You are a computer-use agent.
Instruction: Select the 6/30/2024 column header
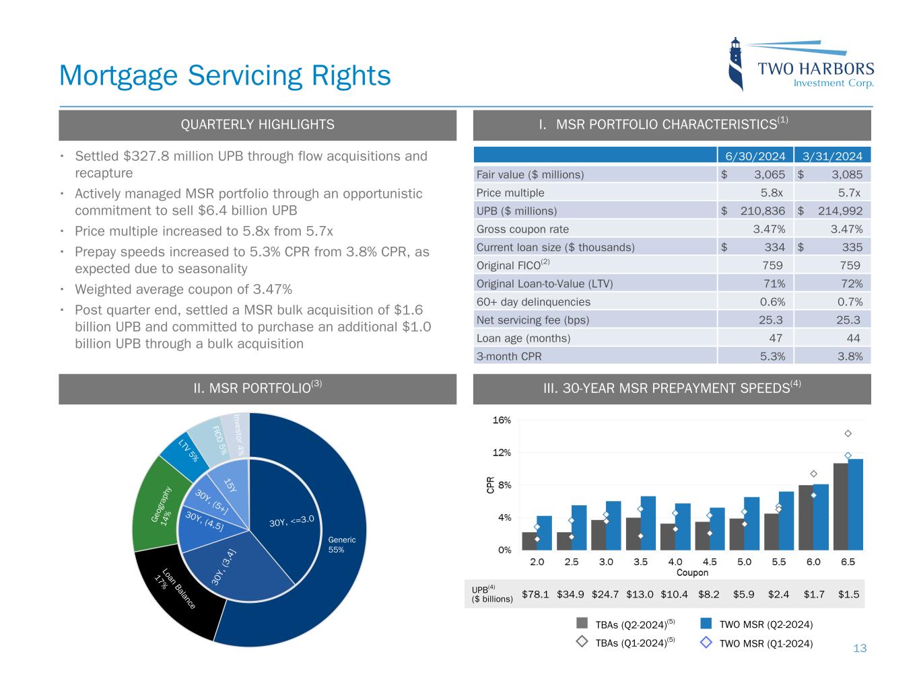755,156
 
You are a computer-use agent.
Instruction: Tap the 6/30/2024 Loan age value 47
775,338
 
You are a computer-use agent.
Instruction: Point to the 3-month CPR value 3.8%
850,356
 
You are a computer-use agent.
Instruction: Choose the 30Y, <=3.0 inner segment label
292,520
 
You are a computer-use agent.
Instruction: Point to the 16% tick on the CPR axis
502,420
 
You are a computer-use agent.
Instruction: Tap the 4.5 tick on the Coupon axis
710,561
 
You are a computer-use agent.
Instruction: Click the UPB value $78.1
535,594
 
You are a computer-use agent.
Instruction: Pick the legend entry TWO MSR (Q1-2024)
766,643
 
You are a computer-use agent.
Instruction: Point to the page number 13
860,648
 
